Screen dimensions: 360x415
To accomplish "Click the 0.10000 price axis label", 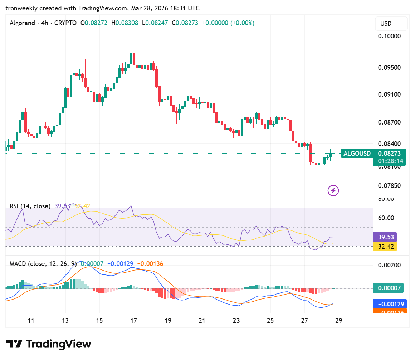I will (x=389, y=36).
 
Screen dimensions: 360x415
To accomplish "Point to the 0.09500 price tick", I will (x=389, y=68).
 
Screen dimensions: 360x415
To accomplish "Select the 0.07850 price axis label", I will (x=389, y=186).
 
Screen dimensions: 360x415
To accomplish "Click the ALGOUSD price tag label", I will (x=357, y=154).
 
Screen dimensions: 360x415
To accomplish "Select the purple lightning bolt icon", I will (x=333, y=190).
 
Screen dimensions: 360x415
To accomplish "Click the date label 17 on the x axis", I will (x=134, y=320).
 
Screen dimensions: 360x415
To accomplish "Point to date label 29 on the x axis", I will (x=338, y=320).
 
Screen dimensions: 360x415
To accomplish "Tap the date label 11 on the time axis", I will (x=31, y=320).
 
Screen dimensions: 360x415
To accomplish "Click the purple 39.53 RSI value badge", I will (x=385, y=237).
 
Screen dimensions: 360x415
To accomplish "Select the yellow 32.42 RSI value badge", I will (x=385, y=247).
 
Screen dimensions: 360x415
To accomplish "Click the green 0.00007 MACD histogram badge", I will (x=389, y=288).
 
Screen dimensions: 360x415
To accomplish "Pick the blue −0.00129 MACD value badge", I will (x=390, y=304).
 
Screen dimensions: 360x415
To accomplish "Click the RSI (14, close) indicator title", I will (x=30, y=206).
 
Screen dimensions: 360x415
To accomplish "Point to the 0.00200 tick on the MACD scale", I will (x=389, y=265).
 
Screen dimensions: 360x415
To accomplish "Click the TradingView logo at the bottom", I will (x=49, y=344).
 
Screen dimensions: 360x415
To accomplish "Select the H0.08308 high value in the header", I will (x=125, y=23).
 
